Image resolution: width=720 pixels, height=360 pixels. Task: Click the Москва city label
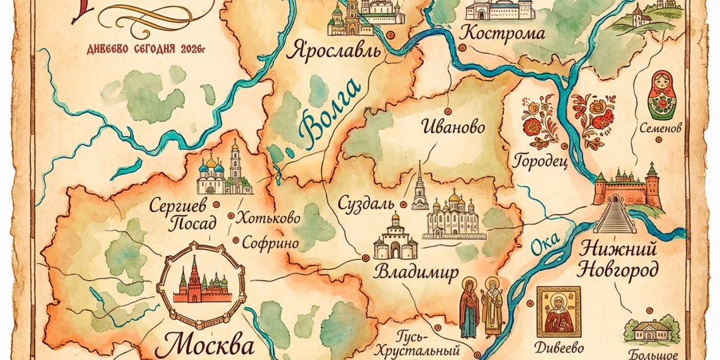pyautogui.click(x=208, y=346)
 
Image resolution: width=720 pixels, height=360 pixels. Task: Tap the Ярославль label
pyautogui.click(x=333, y=51)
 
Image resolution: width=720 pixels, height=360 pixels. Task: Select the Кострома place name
pyautogui.click(x=503, y=33)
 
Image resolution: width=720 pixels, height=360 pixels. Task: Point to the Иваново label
pyautogui.click(x=453, y=127)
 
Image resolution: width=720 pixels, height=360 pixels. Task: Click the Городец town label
pyautogui.click(x=540, y=161)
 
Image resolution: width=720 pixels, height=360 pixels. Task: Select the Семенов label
pyautogui.click(x=659, y=127)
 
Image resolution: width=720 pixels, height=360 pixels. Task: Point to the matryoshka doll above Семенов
pyautogui.click(x=661, y=95)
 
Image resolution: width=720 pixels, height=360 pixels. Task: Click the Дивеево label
pyautogui.click(x=559, y=347)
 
